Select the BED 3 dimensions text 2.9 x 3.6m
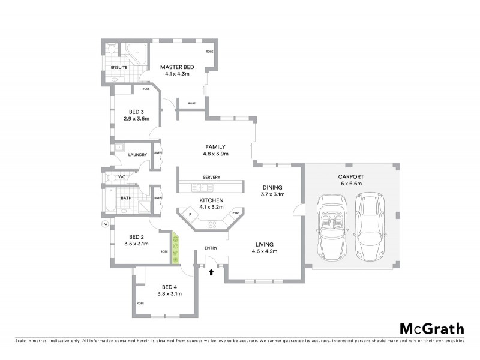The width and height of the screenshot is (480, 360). (136, 119)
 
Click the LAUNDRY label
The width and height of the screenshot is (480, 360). (137, 155)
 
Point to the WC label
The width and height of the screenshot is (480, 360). (121, 177)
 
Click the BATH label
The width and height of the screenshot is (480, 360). (126, 197)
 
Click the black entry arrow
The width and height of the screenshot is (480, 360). (211, 272)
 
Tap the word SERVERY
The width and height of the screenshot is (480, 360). (211, 177)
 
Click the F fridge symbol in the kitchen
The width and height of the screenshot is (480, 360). (190, 214)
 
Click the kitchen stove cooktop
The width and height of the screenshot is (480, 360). (212, 225)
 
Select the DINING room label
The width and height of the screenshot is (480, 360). (272, 187)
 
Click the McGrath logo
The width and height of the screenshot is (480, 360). (431, 328)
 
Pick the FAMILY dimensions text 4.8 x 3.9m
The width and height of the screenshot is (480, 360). (215, 154)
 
